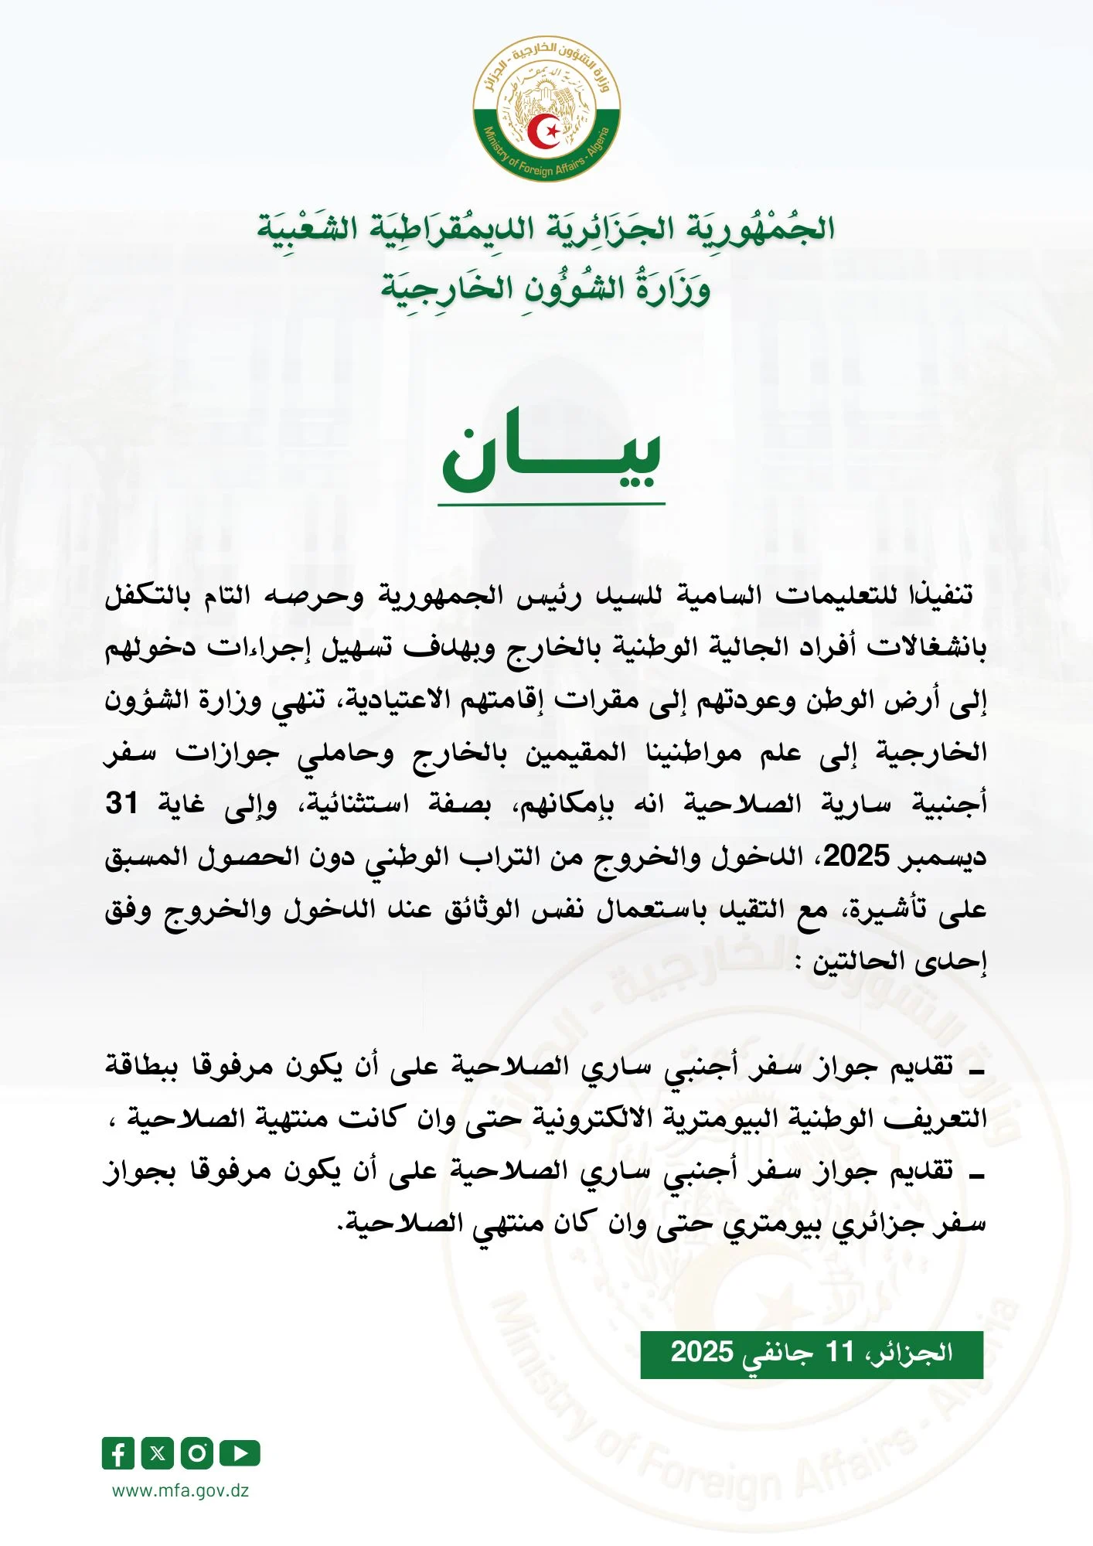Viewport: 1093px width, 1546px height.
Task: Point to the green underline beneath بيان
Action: click(551, 504)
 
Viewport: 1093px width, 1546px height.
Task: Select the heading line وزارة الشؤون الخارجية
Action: click(546, 288)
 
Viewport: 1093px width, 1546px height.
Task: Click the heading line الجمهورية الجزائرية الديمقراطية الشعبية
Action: click(546, 229)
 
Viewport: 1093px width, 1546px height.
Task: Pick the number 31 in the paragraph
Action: click(122, 804)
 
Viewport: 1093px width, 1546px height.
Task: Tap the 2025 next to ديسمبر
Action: click(856, 856)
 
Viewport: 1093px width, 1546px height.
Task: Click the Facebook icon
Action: click(117, 1453)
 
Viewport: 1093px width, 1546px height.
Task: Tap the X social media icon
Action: click(157, 1453)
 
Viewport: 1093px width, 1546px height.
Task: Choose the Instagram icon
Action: click(197, 1453)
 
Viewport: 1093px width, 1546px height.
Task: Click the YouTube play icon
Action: click(240, 1453)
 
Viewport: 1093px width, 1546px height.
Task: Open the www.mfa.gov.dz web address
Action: click(181, 1491)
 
